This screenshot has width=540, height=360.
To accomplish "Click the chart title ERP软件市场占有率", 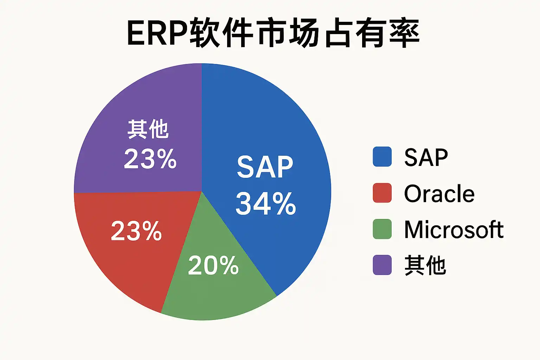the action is click(274, 32).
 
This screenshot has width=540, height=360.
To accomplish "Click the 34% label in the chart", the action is click(266, 204).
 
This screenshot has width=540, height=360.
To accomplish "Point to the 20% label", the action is click(213, 265).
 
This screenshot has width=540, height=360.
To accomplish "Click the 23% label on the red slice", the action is click(136, 231).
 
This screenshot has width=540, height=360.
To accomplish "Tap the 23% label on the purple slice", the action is click(150, 159).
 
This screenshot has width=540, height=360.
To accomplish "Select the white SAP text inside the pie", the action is click(265, 167).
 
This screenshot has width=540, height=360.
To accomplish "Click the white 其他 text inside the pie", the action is click(148, 129).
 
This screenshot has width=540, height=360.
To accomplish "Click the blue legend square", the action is click(382, 156).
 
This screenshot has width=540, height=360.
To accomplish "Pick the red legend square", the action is click(382, 193).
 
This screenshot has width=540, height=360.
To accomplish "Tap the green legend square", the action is click(382, 229).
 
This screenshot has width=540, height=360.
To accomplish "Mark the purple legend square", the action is click(382, 265).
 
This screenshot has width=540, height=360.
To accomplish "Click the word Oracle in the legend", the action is click(439, 193).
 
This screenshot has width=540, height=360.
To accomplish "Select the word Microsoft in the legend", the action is click(454, 229).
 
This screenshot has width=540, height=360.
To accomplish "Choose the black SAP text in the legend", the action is click(426, 157).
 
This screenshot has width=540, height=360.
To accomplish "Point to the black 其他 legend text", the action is click(425, 265).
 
